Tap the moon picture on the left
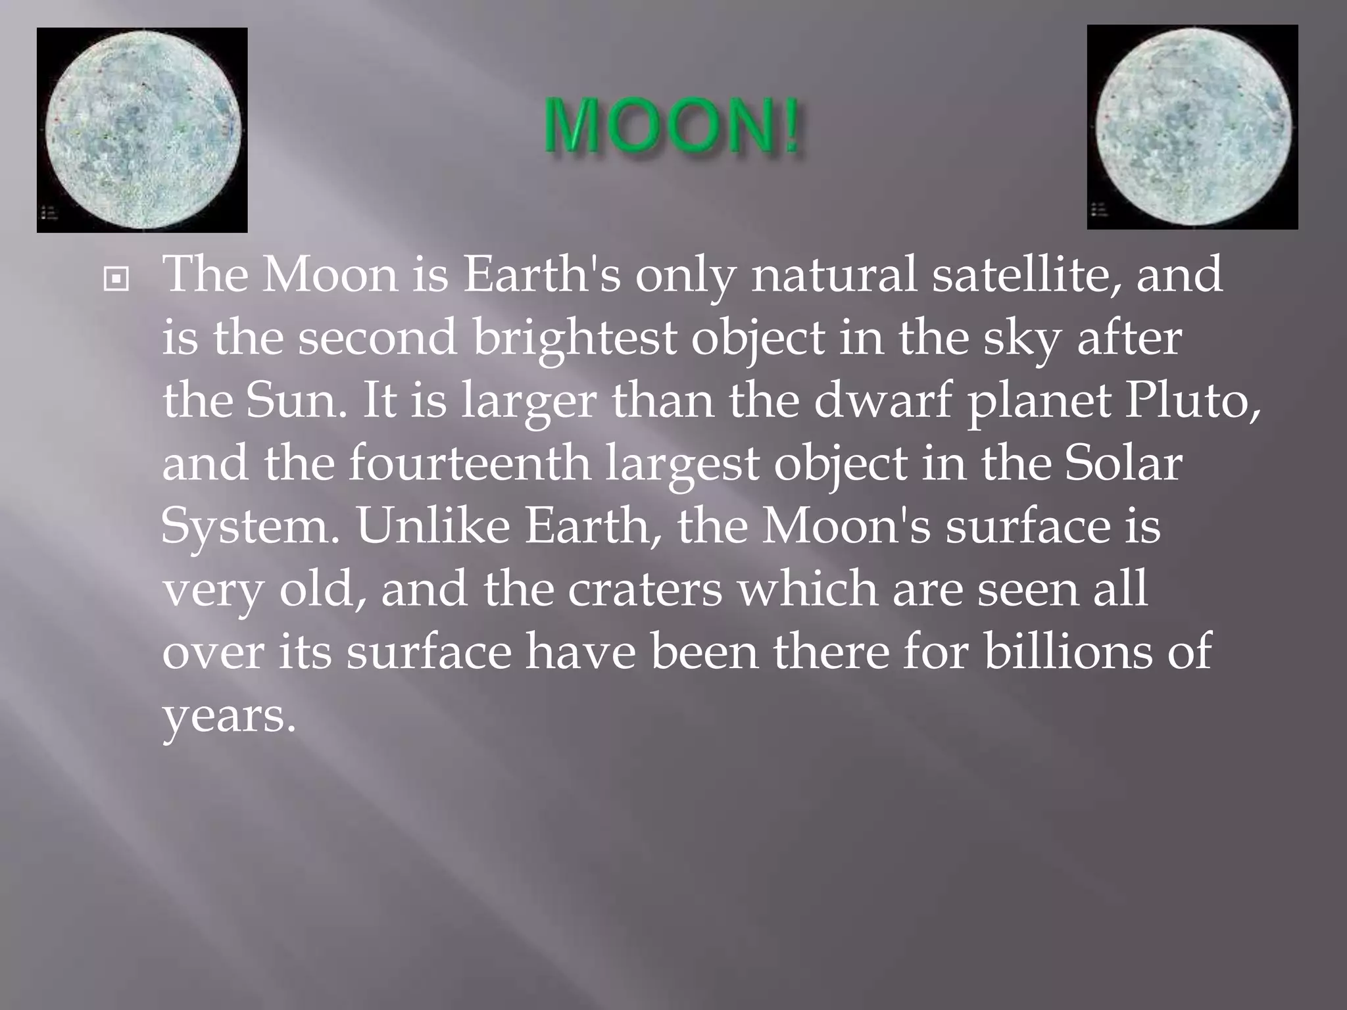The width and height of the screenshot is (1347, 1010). [142, 130]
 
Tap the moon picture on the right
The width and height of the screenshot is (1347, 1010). [1192, 128]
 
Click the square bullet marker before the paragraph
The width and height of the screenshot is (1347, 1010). [116, 279]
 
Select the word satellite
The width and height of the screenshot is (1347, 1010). [1027, 275]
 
